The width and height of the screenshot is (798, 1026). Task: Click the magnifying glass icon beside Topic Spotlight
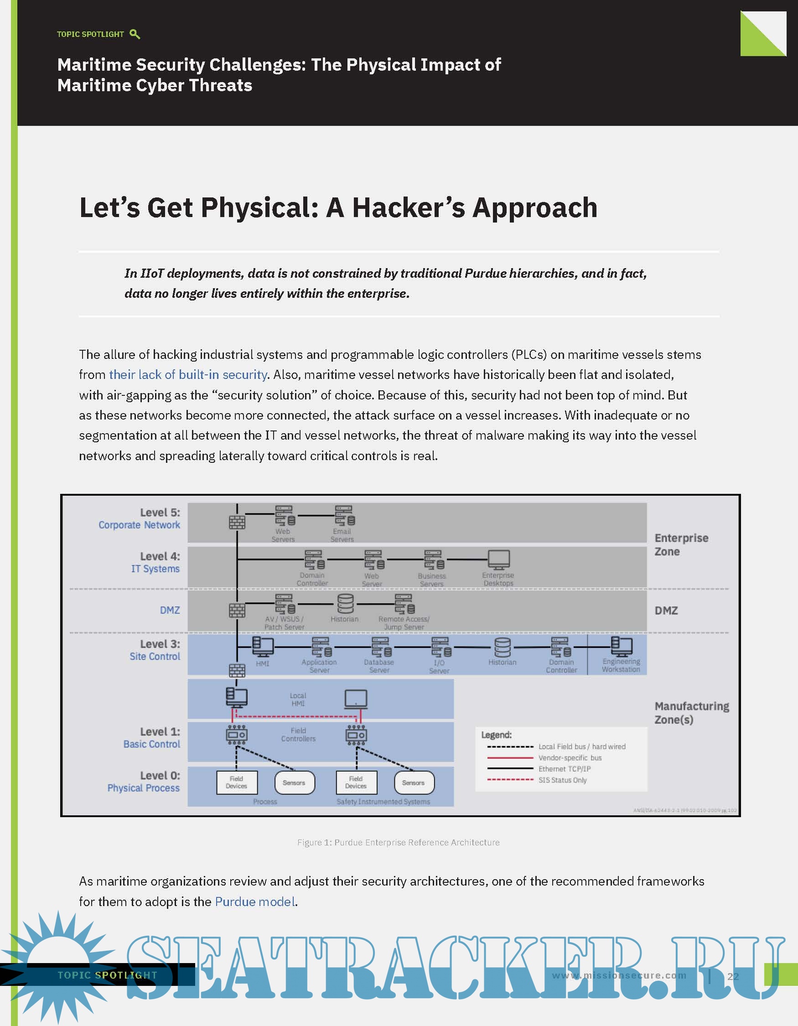pyautogui.click(x=135, y=34)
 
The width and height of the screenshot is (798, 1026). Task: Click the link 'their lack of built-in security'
pyautogui.click(x=188, y=374)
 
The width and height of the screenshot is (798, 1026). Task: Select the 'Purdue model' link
pyautogui.click(x=255, y=902)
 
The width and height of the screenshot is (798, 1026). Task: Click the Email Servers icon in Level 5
pyautogui.click(x=344, y=515)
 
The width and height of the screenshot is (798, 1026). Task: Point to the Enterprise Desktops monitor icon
pyautogui.click(x=498, y=560)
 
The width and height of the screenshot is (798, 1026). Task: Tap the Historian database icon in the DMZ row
pyautogui.click(x=345, y=604)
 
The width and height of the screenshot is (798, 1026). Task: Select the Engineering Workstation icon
pyautogui.click(x=622, y=647)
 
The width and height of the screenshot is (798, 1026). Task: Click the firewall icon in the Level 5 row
pyautogui.click(x=237, y=522)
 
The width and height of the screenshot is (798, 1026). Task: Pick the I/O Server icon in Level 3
pyautogui.click(x=440, y=647)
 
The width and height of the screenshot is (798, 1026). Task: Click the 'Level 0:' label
pyautogui.click(x=160, y=775)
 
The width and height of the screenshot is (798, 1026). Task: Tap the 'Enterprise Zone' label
pyautogui.click(x=681, y=544)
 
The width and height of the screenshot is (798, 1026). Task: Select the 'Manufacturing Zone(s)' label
pyautogui.click(x=691, y=713)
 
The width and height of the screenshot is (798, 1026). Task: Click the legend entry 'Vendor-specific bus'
pyautogui.click(x=569, y=758)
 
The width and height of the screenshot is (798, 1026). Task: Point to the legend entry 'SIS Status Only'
pyautogui.click(x=562, y=780)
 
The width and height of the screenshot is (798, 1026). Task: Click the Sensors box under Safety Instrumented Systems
pyautogui.click(x=414, y=782)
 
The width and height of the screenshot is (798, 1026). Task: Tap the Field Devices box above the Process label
pyautogui.click(x=236, y=782)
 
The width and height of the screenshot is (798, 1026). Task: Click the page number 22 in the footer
pyautogui.click(x=733, y=977)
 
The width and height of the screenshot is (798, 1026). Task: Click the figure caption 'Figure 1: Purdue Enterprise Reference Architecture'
pyautogui.click(x=398, y=842)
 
